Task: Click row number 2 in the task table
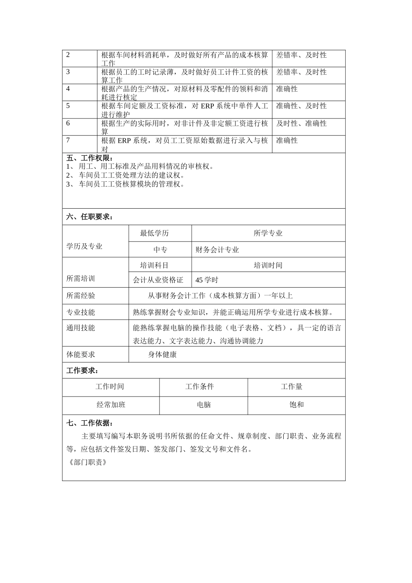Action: click(68, 55)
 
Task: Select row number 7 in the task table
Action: click(68, 141)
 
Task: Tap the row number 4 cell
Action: click(68, 89)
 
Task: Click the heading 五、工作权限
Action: click(89, 158)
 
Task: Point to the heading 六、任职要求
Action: click(89, 217)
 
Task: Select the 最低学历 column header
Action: click(154, 233)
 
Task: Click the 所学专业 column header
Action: click(268, 233)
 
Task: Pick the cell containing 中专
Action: click(160, 250)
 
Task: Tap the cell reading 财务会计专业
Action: click(217, 250)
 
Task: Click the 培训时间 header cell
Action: click(268, 265)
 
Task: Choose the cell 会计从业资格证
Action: click(158, 280)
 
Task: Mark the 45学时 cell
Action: click(207, 280)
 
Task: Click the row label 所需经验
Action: click(81, 296)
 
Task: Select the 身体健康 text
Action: click(162, 354)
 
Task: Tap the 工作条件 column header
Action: click(199, 387)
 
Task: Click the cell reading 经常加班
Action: click(111, 405)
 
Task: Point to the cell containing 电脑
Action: click(204, 405)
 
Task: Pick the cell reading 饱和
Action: click(297, 405)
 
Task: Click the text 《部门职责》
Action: click(88, 462)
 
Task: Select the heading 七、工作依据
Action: click(89, 423)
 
